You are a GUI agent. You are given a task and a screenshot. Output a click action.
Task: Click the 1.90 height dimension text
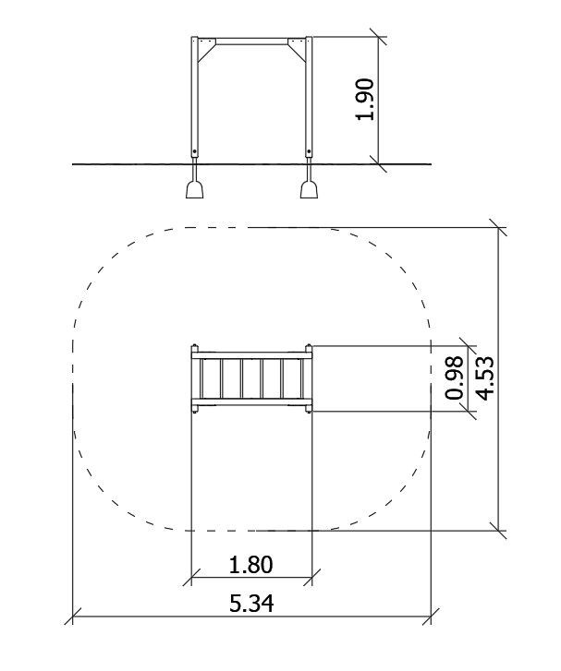[366, 100]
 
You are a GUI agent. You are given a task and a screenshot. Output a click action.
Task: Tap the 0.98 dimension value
[455, 378]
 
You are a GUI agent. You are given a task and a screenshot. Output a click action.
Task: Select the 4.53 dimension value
[485, 378]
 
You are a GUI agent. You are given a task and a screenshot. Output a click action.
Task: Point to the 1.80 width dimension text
[251, 565]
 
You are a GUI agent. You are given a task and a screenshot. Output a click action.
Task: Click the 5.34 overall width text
[251, 604]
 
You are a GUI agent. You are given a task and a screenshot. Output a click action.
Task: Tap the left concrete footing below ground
[195, 189]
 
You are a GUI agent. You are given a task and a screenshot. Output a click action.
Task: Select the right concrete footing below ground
[309, 189]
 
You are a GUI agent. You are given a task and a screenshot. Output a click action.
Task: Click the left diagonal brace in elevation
[206, 54]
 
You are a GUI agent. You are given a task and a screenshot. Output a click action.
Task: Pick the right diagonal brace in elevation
[298, 54]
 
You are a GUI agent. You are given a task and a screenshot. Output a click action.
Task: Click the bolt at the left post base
[195, 152]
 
